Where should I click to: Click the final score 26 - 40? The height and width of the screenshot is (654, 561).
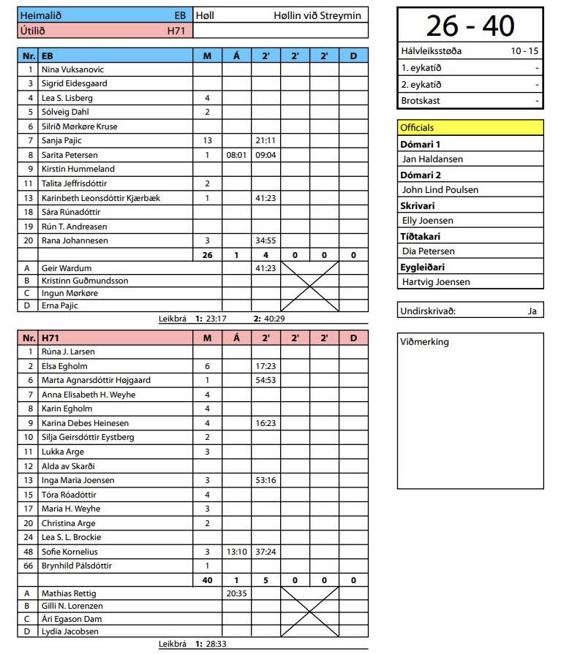pos(470,26)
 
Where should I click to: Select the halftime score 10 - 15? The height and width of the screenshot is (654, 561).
pos(524,51)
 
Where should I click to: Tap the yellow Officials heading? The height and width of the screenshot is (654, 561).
pos(417,128)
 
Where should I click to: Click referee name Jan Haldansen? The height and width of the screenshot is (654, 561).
pos(432,159)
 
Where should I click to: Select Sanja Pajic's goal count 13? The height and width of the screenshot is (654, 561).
pos(207,140)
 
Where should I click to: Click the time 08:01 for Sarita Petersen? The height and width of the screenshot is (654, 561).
pos(236,155)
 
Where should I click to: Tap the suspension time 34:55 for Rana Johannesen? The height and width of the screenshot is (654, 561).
pos(266,240)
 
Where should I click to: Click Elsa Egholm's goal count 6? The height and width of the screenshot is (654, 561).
pos(207,366)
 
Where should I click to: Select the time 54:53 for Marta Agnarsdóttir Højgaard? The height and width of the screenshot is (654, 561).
pos(266,381)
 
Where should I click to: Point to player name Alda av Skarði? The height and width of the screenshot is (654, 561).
pos(68,466)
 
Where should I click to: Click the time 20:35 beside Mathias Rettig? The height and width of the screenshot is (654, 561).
pos(236,593)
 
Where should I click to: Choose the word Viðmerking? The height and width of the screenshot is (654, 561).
pos(425,342)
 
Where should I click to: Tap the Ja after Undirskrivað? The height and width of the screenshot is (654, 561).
pos(532,311)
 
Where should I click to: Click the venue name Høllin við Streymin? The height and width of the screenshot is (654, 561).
pos(317,15)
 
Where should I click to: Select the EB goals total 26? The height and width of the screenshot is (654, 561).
pos(207,255)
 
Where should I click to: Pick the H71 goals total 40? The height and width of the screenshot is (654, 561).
pos(207,580)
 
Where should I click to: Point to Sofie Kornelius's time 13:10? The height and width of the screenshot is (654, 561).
pos(236,552)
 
